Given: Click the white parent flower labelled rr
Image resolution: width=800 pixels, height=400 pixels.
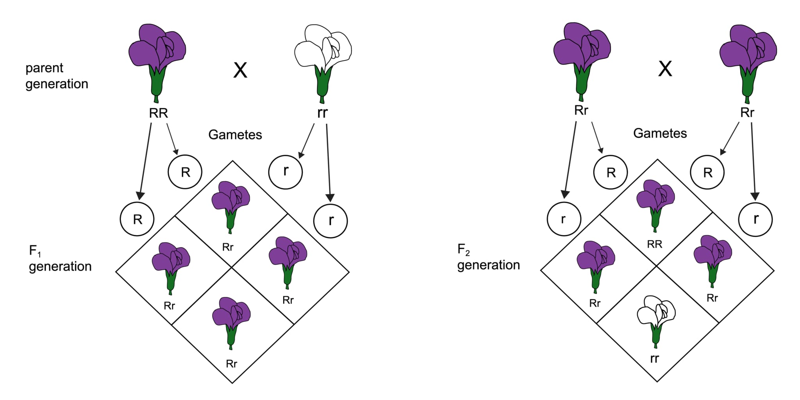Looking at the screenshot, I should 323,51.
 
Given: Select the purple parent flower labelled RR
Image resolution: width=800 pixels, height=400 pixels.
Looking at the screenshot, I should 157,51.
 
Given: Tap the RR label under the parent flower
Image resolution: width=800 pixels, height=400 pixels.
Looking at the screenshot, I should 158,113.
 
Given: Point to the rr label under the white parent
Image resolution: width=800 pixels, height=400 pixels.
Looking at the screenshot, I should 322,112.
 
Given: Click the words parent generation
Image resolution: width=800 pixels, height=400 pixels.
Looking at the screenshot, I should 57,76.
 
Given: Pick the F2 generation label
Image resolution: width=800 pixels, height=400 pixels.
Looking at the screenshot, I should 488,257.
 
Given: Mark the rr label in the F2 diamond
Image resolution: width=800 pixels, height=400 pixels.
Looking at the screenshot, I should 655,358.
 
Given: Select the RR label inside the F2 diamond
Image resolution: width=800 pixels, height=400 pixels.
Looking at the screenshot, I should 655,244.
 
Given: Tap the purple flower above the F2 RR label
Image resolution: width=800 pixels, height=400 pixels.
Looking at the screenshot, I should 655,199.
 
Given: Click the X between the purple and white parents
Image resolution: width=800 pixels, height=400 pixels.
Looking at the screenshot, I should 240,70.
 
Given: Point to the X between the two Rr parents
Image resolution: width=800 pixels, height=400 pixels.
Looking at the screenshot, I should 665,69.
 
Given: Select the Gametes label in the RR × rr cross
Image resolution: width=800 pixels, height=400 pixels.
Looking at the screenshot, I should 235,135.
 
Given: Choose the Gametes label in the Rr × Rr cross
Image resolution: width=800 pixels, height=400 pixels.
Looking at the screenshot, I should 660,133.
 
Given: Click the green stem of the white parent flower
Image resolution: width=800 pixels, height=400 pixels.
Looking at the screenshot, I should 323,84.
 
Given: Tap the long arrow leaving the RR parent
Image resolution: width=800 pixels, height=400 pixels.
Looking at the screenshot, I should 145,160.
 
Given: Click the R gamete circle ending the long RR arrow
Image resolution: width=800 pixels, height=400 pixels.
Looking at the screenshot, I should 137,219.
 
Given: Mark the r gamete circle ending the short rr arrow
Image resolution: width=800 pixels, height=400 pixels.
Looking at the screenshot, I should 286,172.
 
